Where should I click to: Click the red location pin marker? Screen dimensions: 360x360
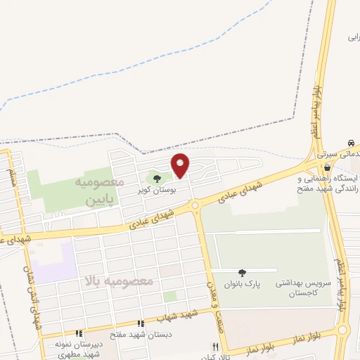180,165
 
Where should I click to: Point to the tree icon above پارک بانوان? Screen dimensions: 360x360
243,273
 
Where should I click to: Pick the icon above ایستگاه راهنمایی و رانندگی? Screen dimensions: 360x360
328,167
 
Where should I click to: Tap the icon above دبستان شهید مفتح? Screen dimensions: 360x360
141,323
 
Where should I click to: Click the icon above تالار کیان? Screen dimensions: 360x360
216,347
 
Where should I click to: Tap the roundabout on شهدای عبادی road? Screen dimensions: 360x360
195,205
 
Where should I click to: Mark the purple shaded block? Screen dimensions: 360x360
56,262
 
